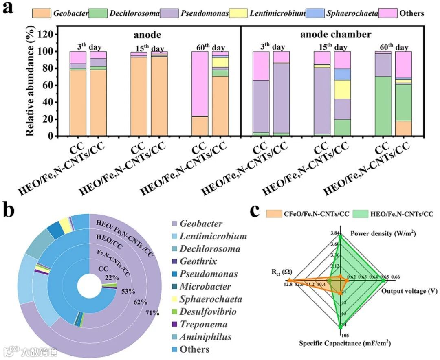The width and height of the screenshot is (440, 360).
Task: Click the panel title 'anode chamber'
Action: [x=336, y=34]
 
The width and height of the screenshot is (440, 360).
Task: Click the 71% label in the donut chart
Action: [x=153, y=313]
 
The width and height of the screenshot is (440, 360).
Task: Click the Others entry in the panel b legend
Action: [x=194, y=349]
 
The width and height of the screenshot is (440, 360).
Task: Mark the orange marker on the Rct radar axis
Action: [x=289, y=280]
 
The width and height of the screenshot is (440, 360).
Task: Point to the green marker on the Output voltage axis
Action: [x=384, y=280]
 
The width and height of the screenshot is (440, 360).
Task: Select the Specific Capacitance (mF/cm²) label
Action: [x=345, y=343]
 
